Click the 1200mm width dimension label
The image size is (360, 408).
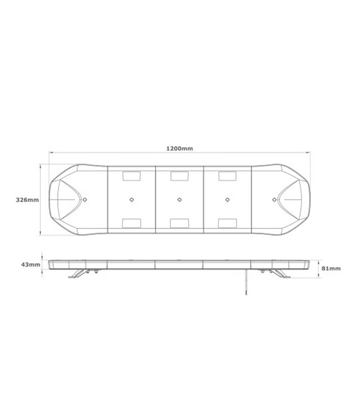(180, 148)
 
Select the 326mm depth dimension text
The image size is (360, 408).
(27, 200)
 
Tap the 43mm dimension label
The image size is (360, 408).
(31, 264)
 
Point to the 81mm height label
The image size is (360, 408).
(331, 269)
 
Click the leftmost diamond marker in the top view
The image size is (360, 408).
(85, 199)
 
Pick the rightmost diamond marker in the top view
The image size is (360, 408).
(274, 199)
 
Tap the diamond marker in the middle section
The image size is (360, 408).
(180, 199)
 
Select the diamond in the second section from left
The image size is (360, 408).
(132, 199)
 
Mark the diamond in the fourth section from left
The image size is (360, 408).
(227, 199)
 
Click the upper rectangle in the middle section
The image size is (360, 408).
(180, 176)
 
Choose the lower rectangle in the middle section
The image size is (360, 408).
(180, 223)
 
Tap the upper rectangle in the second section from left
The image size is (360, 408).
(132, 176)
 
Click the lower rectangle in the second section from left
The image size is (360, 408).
(132, 223)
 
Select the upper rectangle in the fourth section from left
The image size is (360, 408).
(227, 176)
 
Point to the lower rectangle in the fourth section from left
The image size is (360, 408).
(227, 223)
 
